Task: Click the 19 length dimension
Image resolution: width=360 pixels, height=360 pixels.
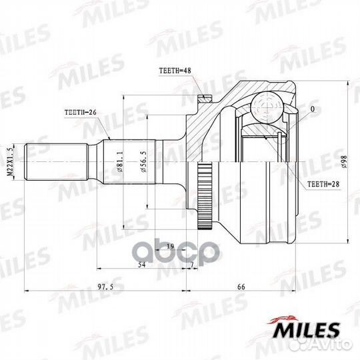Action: pos(170,247)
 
